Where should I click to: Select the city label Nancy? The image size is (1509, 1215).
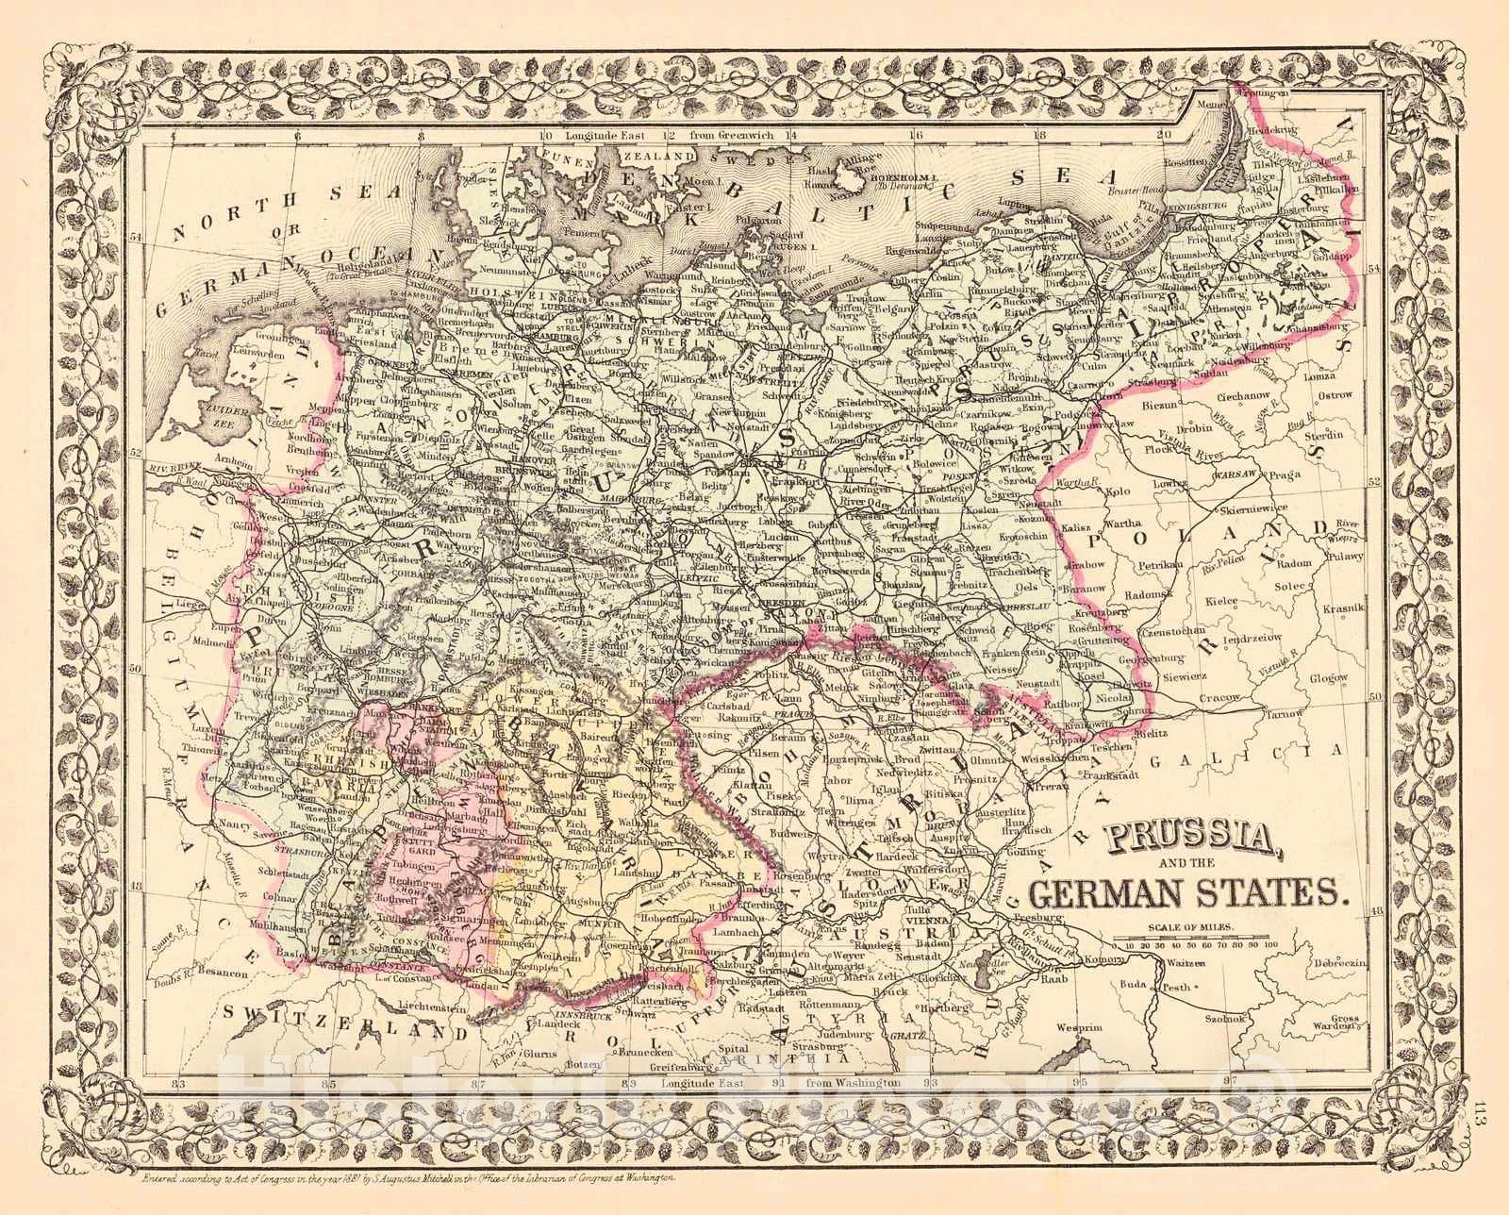[231, 824]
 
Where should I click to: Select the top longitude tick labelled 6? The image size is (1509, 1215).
[296, 135]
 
